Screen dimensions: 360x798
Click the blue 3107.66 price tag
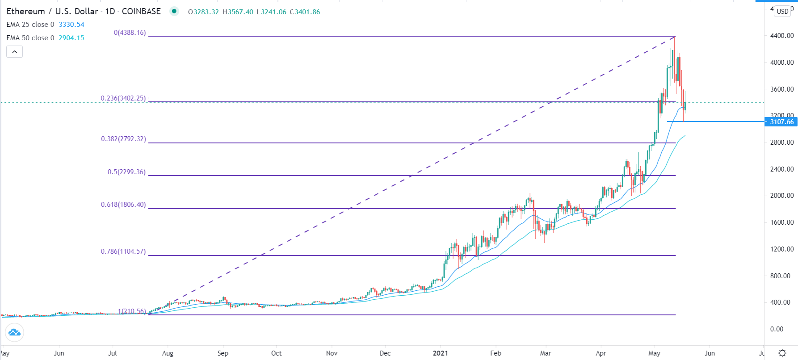[x=781, y=122]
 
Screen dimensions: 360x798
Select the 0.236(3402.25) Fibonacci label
[x=123, y=98]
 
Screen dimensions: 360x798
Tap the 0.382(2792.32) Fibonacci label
[x=123, y=139]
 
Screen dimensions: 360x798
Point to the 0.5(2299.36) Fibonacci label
[x=126, y=172]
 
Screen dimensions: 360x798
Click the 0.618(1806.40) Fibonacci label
[x=123, y=205]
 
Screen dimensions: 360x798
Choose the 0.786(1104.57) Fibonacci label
[x=123, y=251]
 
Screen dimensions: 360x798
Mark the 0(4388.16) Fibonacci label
[x=130, y=33]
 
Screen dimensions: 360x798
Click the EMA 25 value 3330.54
[x=71, y=25]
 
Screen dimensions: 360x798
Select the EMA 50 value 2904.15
[x=71, y=38]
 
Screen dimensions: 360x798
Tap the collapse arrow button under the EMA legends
[x=14, y=52]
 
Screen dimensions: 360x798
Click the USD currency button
[x=782, y=12]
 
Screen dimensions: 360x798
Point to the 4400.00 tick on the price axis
[x=782, y=36]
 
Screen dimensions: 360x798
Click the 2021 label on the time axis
[x=441, y=353]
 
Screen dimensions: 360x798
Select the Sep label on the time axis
[x=223, y=353]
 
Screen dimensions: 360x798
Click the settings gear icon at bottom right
[x=782, y=353]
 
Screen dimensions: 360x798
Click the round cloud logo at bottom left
[x=14, y=332]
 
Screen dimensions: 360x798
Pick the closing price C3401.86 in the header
[x=305, y=12]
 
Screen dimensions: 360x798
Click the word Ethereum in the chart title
[x=25, y=12]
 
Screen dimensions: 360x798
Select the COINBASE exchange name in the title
[x=141, y=12]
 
